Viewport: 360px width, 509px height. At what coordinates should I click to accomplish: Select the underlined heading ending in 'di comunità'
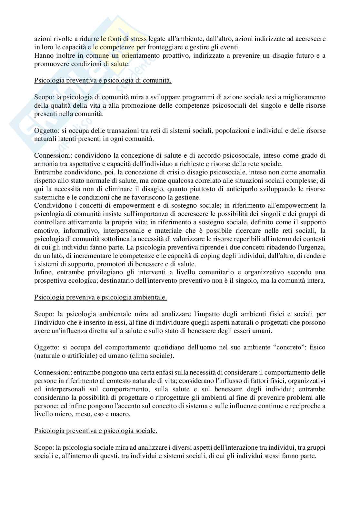point(103,80)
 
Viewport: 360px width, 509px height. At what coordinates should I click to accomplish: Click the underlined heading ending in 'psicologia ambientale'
point(101,298)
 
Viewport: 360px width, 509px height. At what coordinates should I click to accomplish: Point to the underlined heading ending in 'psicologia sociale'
point(96,431)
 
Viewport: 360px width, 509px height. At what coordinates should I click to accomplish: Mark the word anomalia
point(312,172)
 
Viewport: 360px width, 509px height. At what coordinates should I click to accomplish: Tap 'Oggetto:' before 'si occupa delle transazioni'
point(45,131)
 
